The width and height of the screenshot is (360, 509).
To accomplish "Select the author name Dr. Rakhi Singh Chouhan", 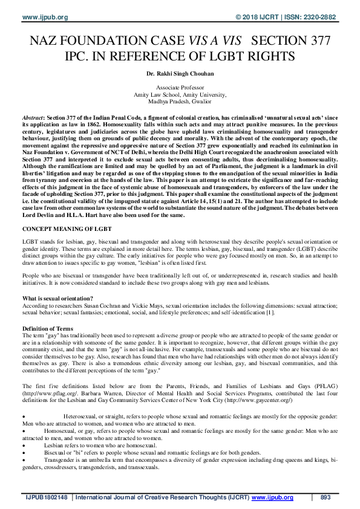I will click(x=180, y=75).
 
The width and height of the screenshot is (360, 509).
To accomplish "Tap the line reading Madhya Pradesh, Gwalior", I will click(x=180, y=102).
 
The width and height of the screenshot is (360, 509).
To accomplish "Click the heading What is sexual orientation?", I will click(x=57, y=299).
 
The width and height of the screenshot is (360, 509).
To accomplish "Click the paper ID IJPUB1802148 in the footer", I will click(x=46, y=498).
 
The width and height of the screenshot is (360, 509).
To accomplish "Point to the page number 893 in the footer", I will click(x=325, y=498).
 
